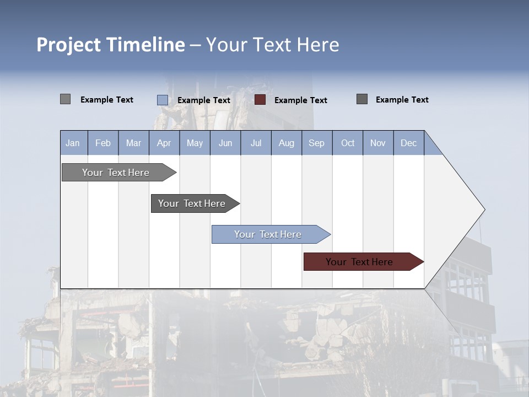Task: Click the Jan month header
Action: point(73,143)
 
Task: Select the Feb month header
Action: point(103,143)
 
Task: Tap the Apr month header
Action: point(164,143)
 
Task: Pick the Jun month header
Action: point(225,143)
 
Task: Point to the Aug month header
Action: point(287,143)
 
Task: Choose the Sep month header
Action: point(316,143)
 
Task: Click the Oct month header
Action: point(348,143)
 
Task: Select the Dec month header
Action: point(408,143)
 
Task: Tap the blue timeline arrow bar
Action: point(268,234)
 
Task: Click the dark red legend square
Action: point(260,100)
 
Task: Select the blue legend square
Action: point(163,100)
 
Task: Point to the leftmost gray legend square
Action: point(66,99)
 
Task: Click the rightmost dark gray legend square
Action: point(362,99)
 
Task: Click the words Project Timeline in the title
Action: point(110,45)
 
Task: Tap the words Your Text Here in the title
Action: point(272,45)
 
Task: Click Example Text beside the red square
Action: point(300,100)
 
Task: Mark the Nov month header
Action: point(378,143)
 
